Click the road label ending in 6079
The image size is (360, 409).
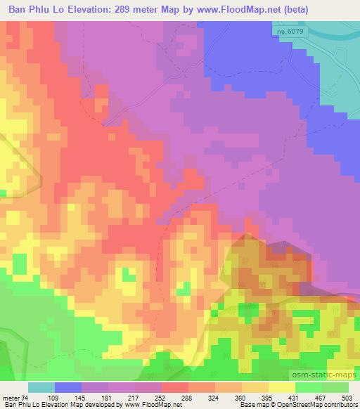tap(286, 32)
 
